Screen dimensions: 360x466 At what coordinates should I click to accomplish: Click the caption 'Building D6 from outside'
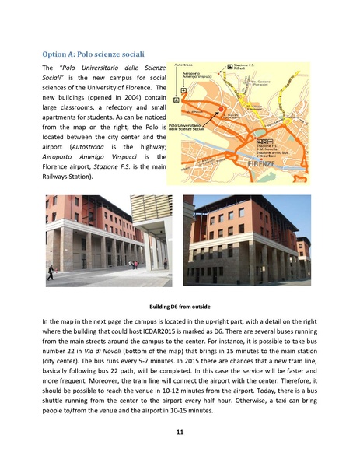point(179,306)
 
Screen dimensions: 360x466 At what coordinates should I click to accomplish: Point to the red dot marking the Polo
point(220,110)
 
